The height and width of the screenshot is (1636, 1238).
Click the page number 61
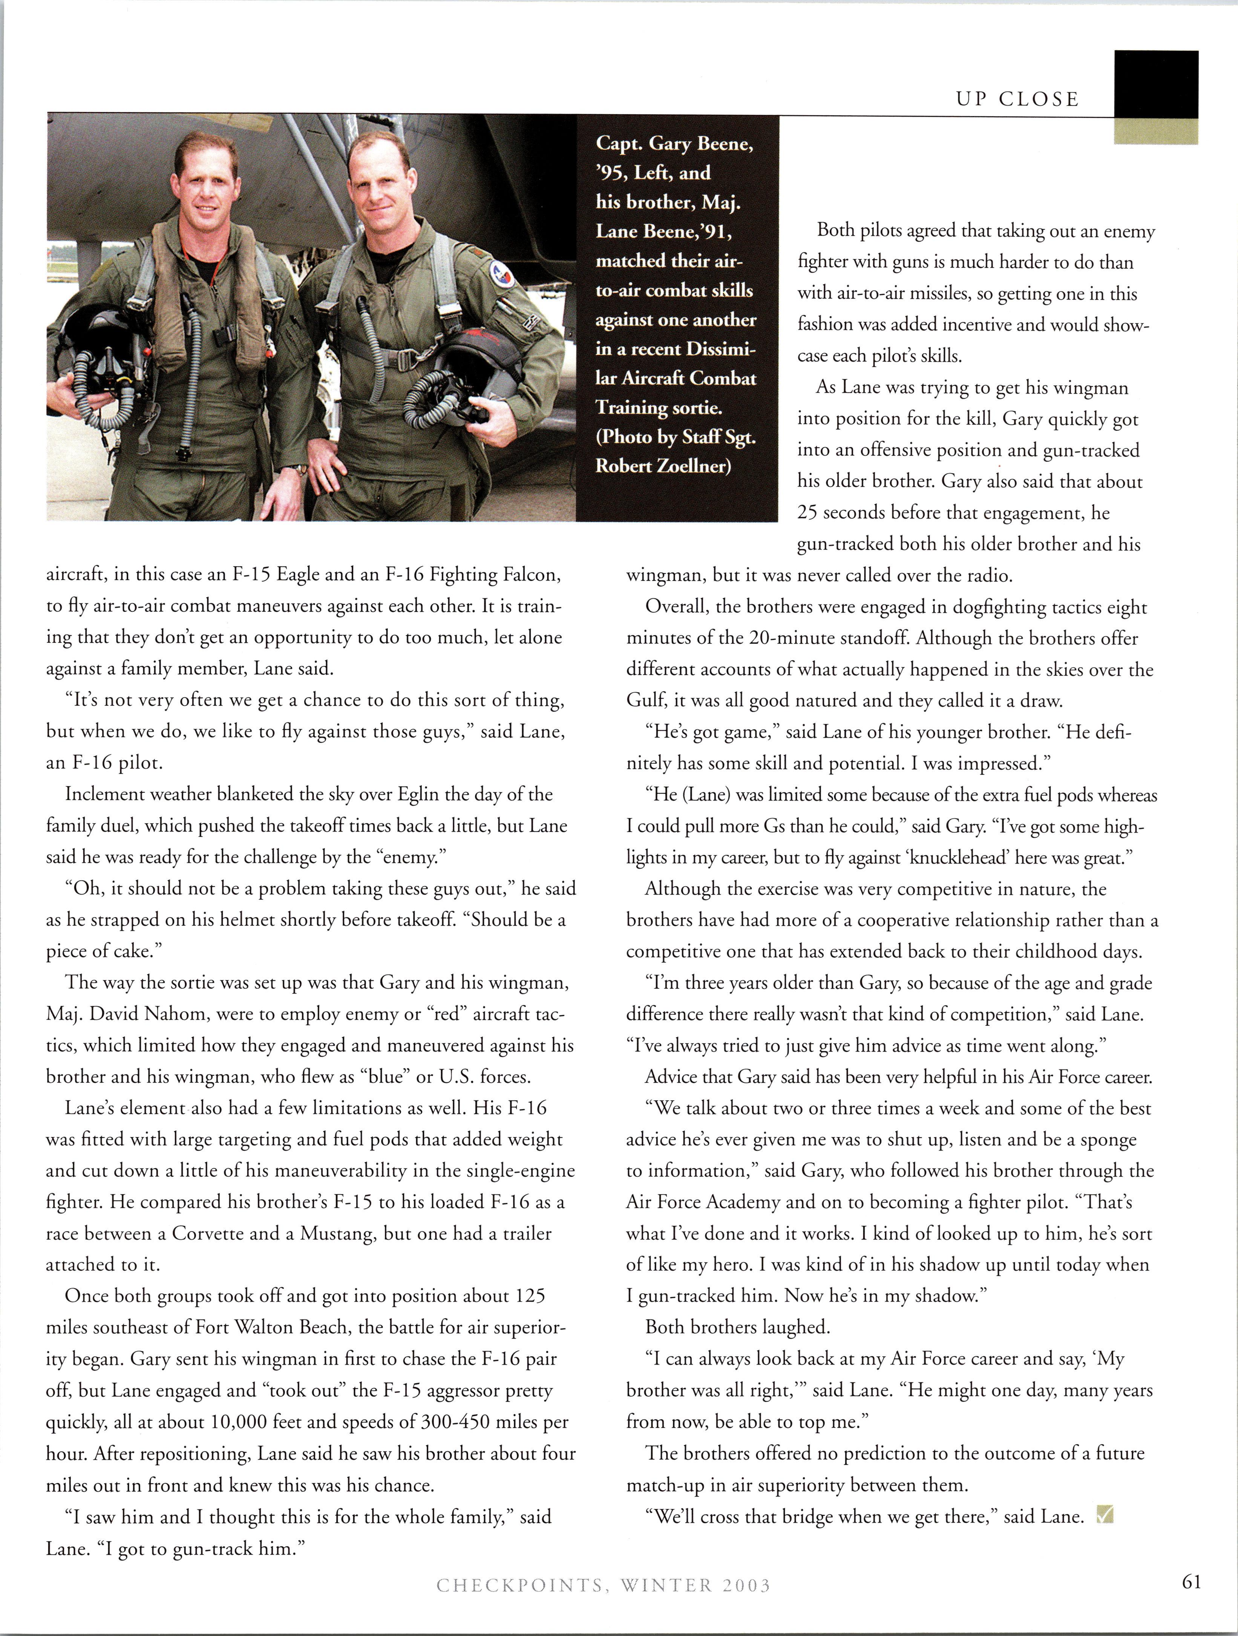pos(1191,1582)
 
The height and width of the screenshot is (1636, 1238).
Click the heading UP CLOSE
pos(1017,99)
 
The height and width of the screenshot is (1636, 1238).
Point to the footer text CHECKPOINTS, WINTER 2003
pos(603,1585)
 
